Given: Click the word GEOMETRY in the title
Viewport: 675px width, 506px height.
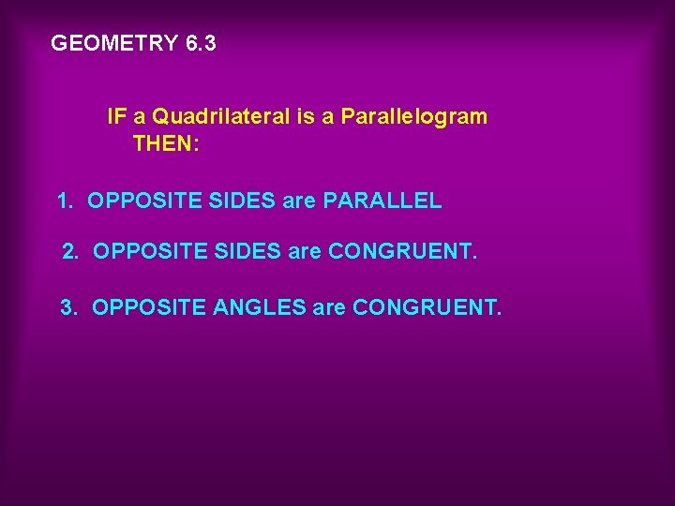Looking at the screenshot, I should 114,43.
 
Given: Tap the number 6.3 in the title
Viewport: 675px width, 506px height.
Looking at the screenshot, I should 201,43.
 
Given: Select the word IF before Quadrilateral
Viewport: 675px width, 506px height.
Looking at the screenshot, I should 116,117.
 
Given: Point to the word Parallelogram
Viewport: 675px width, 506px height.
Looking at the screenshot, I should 414,117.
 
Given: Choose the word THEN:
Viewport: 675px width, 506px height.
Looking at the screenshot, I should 166,144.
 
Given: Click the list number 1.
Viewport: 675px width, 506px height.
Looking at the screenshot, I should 64,201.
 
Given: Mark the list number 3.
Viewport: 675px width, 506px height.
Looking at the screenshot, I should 68,306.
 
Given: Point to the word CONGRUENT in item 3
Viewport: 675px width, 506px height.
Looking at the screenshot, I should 427,306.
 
